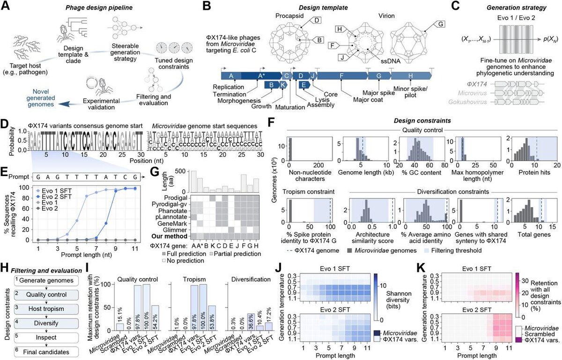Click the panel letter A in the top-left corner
click(7, 7)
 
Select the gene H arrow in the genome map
click(410, 76)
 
